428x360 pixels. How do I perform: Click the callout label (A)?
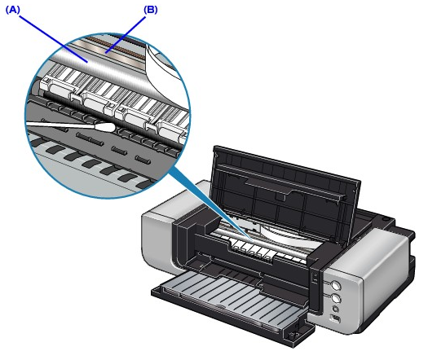tap(13, 10)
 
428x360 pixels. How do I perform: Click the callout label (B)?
tap(151, 10)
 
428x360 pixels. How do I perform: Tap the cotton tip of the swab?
tap(105, 127)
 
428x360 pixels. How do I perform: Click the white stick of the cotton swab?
tap(60, 125)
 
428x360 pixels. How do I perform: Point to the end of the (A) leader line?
tap(87, 62)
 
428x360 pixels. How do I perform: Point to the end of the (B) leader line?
tap(106, 52)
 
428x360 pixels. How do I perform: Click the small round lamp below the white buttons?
tap(335, 310)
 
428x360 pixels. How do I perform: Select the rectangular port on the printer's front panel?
tap(335, 318)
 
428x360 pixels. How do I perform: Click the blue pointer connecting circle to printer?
tap(210, 202)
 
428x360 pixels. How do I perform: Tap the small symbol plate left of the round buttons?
tap(315, 279)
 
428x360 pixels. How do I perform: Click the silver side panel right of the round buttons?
tap(382, 279)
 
